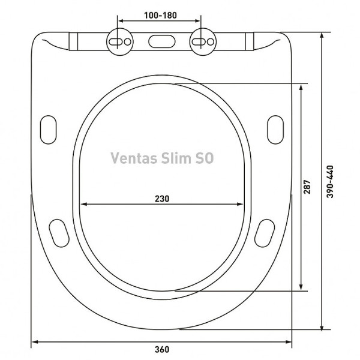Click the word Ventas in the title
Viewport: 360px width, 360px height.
[x=134, y=158]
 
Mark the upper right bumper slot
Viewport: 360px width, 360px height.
[x=275, y=128]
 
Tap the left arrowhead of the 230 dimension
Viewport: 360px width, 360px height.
[x=83, y=204]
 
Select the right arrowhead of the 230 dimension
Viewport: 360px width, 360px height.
[x=241, y=204]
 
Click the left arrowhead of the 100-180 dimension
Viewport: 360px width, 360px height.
[x=120, y=21]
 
